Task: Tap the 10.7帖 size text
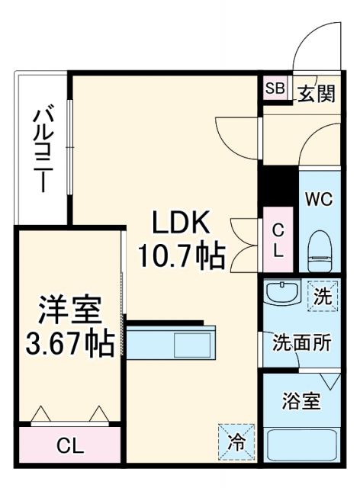182,255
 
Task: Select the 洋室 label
70,311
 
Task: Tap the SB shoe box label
275,88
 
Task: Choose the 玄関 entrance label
316,93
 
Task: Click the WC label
318,200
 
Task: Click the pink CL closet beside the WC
278,239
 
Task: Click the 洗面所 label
302,342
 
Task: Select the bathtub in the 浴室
302,445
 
